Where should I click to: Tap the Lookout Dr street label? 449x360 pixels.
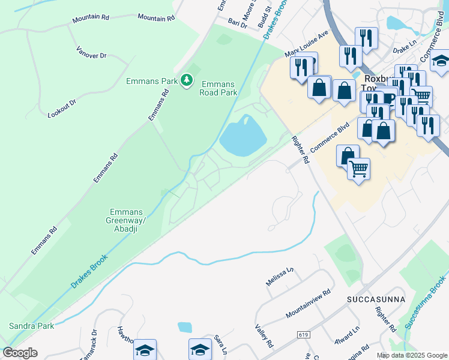point(62,108)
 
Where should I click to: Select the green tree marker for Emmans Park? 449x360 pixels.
point(187,80)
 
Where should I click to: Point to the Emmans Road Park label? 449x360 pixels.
point(219,88)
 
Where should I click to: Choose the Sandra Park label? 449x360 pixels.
point(31,326)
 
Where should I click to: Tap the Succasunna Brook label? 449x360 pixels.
point(425,302)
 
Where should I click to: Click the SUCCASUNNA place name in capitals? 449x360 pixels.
point(376,299)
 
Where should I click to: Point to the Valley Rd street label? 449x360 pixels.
point(264,336)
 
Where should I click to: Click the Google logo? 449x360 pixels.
point(20,353)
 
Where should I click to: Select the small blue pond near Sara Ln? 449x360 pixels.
point(185,327)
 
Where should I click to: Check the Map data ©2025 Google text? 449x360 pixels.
point(411,355)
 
